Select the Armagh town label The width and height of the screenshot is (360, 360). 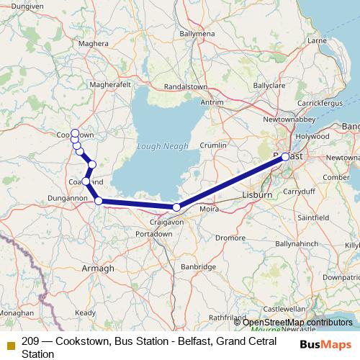(99, 268)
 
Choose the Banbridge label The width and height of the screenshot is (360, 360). (198, 266)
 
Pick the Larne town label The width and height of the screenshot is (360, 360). (317, 41)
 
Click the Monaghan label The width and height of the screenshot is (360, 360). (16, 314)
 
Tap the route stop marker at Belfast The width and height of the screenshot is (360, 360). (286, 156)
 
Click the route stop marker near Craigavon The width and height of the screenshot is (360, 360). (176, 207)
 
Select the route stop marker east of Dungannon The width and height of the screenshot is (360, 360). (99, 202)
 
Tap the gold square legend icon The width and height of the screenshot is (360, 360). (10, 344)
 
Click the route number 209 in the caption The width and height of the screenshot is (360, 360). (31, 342)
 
